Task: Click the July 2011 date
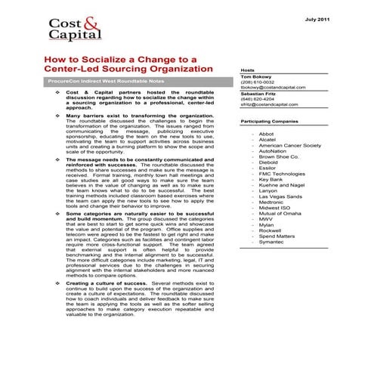338,17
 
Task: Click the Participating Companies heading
276,122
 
